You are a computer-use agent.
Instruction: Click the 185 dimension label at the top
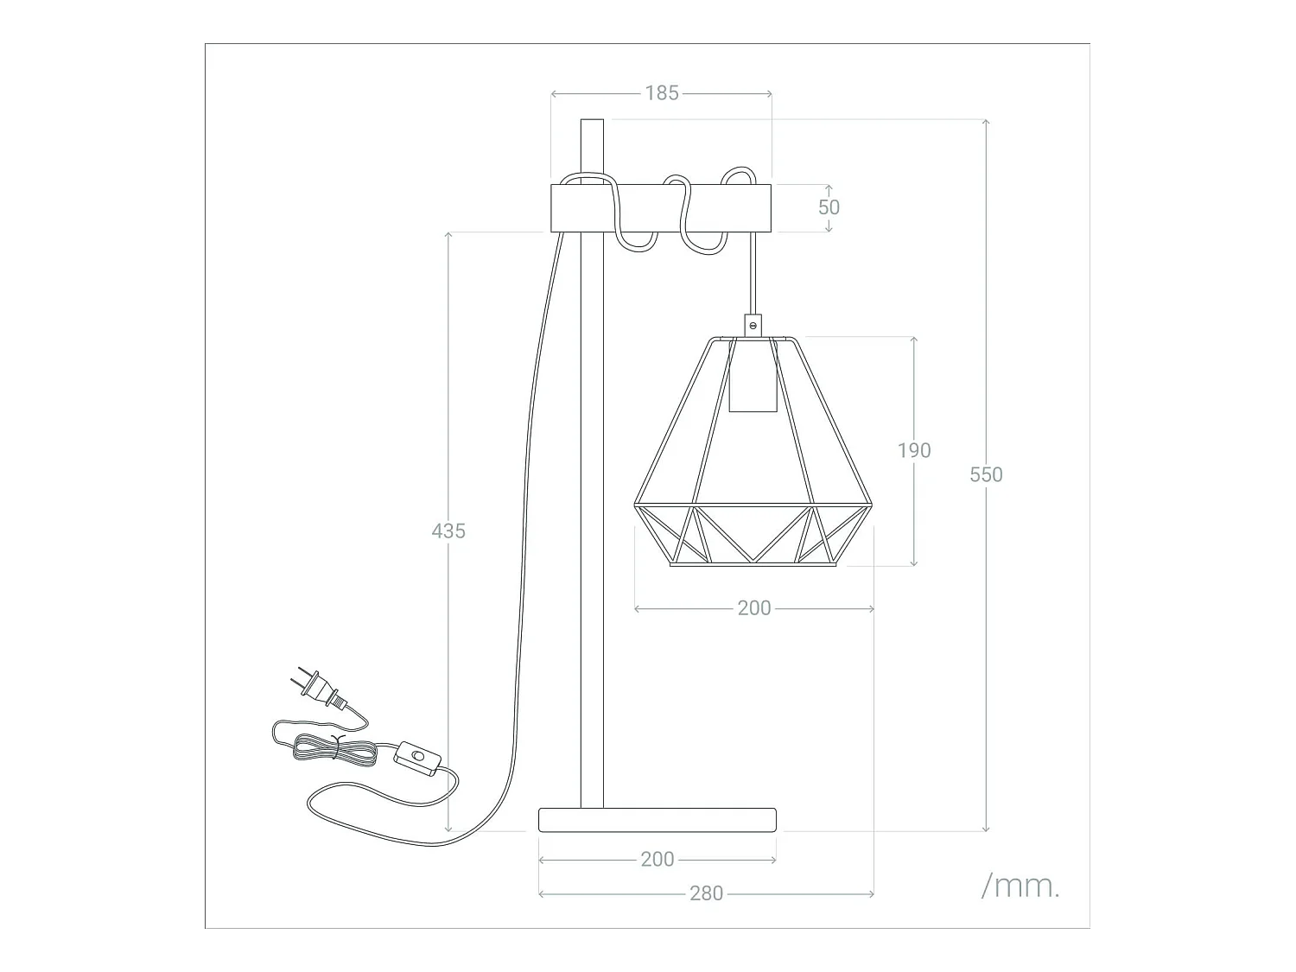point(662,93)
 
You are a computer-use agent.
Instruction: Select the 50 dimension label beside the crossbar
point(829,207)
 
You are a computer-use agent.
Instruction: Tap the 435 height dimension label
point(448,530)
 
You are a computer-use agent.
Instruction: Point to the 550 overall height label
point(986,474)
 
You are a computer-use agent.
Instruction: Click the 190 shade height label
point(914,450)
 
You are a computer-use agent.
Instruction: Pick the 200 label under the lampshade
point(754,608)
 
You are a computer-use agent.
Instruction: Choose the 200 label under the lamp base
point(658,860)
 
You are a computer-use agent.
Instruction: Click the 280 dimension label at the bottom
point(706,893)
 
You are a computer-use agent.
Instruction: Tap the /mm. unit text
point(1020,886)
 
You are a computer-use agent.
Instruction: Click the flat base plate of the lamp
point(657,819)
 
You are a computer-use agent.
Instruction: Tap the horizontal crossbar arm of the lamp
point(661,207)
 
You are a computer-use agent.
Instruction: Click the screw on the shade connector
point(753,326)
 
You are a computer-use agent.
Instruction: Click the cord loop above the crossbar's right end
point(737,175)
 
